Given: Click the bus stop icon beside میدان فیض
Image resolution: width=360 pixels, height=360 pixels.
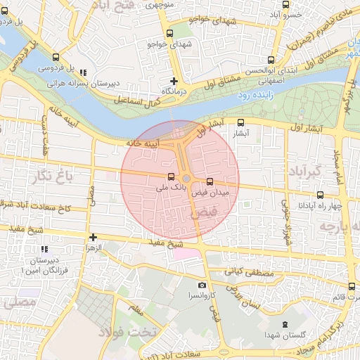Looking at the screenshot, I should pos(210,182).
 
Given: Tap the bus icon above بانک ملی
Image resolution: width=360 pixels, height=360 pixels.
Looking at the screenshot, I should pos(171,176).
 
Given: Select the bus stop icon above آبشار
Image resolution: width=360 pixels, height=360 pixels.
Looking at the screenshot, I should pos(241,122).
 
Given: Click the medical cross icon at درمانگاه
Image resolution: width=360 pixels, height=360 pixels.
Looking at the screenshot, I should pos(174,81).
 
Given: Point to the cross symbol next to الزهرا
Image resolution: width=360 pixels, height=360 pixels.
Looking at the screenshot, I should pos(92,237).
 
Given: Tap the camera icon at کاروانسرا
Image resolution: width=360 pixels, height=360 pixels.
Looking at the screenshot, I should pos(202,285).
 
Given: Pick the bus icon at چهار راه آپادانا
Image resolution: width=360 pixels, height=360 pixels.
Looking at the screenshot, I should pos(320,195).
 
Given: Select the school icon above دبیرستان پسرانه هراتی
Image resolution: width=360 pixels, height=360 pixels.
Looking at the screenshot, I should pos(84,72).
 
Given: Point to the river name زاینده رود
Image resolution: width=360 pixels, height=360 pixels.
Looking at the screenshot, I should pos(252,94).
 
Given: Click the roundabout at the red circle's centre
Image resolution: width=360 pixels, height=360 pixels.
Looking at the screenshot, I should pos(186,179).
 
